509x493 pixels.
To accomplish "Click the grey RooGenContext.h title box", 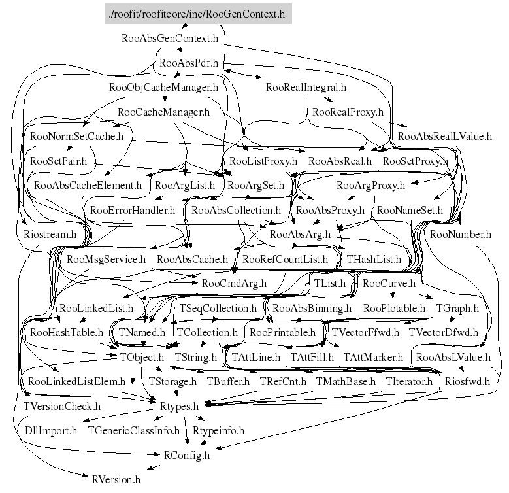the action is click(x=198, y=14).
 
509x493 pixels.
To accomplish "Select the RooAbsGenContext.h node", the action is click(x=170, y=39).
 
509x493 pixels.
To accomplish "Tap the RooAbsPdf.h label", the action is click(x=189, y=63).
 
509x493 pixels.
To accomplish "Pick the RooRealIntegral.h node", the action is click(x=306, y=88).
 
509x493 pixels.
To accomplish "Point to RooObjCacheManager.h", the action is click(x=163, y=88).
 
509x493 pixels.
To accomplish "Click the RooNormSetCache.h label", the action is click(x=77, y=137).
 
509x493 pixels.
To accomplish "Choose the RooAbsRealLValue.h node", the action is click(x=445, y=137).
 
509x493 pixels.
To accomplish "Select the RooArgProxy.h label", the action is click(x=370, y=186).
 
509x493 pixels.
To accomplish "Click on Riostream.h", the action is click(x=50, y=235).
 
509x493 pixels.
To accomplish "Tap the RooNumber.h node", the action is click(x=461, y=235).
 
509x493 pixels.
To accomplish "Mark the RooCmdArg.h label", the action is click(x=234, y=284).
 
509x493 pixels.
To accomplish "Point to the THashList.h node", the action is click(x=374, y=259).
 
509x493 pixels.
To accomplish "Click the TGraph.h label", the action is click(x=457, y=308).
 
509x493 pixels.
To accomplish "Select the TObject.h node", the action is click(x=142, y=357).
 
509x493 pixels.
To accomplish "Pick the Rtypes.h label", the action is click(x=179, y=406).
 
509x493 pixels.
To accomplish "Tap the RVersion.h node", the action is click(x=116, y=480).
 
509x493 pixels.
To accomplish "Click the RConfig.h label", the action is click(x=187, y=455).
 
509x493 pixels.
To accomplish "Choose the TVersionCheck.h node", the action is click(x=62, y=406).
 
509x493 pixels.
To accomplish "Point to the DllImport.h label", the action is click(x=51, y=431).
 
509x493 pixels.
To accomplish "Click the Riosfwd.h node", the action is click(x=467, y=382).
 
